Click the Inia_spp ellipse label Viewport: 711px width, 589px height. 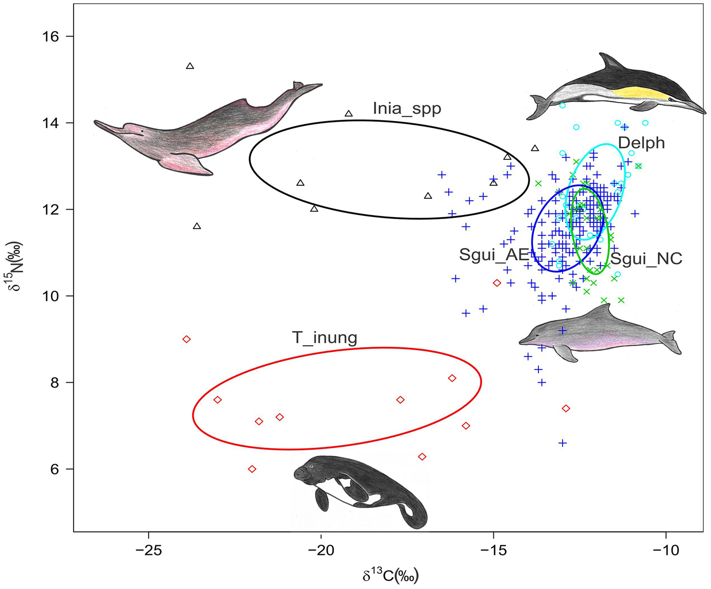(x=406, y=109)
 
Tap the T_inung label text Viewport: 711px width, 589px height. (x=324, y=338)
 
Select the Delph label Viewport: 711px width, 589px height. (x=641, y=143)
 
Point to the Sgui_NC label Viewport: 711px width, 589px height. (x=646, y=258)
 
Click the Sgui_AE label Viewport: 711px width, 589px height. (x=493, y=255)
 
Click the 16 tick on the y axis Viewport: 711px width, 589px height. (x=55, y=37)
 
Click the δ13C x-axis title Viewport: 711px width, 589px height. (x=390, y=576)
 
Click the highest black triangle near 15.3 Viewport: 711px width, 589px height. (x=190, y=66)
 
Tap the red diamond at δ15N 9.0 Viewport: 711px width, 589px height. (x=186, y=339)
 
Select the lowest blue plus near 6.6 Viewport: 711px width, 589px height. (x=563, y=443)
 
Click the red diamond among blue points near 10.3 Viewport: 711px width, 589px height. (x=497, y=283)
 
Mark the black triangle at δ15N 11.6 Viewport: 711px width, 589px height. (x=197, y=226)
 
